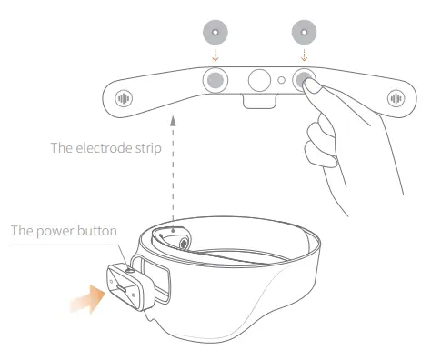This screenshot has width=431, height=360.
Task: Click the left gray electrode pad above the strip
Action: pyautogui.click(x=215, y=32)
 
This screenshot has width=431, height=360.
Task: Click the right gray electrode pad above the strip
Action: pyautogui.click(x=304, y=32)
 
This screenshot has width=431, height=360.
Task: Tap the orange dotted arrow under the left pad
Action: pyautogui.click(x=215, y=55)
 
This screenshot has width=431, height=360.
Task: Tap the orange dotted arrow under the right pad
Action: pyautogui.click(x=304, y=55)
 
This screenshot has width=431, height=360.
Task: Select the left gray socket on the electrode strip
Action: pyautogui.click(x=215, y=80)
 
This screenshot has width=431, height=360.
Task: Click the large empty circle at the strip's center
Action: pyautogui.click(x=259, y=80)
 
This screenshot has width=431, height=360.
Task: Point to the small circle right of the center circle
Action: pyautogui.click(x=282, y=80)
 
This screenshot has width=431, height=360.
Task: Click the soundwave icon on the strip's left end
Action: pyautogui.click(x=124, y=98)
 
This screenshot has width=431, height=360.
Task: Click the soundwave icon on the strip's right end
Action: pyautogui.click(x=396, y=98)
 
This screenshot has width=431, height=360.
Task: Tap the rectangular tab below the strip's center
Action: pyautogui.click(x=259, y=101)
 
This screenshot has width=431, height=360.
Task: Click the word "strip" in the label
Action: pyautogui.click(x=148, y=149)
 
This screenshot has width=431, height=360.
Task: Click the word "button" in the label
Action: pyautogui.click(x=97, y=231)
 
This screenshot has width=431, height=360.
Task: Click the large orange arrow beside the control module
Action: pyautogui.click(x=88, y=299)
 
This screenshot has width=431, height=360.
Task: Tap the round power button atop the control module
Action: pyautogui.click(x=131, y=270)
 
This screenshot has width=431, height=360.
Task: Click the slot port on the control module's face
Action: pyautogui.click(x=122, y=288)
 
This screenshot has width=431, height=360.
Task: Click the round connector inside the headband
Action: pyautogui.click(x=184, y=243)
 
